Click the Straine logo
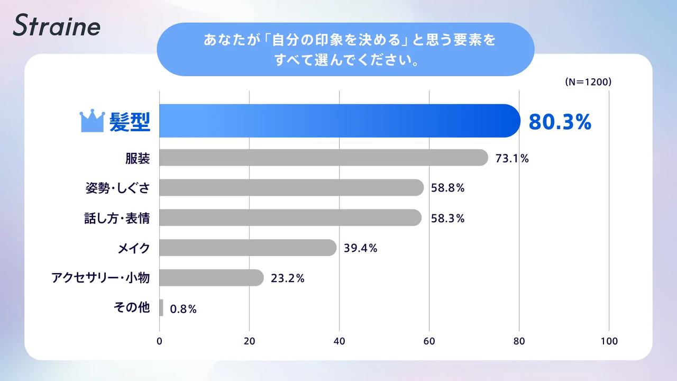[x=57, y=26]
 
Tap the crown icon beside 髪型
[x=91, y=121]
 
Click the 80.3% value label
[x=560, y=122]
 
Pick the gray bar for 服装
[x=323, y=158]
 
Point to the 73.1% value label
[x=512, y=158]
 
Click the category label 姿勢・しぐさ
[x=117, y=188]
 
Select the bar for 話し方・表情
[x=290, y=217]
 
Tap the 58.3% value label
[x=447, y=218]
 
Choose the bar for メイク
[x=248, y=248]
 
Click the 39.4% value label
[x=360, y=248]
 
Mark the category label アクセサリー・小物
[x=100, y=278]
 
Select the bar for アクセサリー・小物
[x=211, y=278]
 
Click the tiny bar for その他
[x=161, y=308]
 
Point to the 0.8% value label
[x=184, y=309]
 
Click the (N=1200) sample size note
[x=588, y=82]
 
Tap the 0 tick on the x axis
[x=160, y=341]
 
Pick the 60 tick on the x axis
[x=429, y=341]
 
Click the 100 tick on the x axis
[x=609, y=341]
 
